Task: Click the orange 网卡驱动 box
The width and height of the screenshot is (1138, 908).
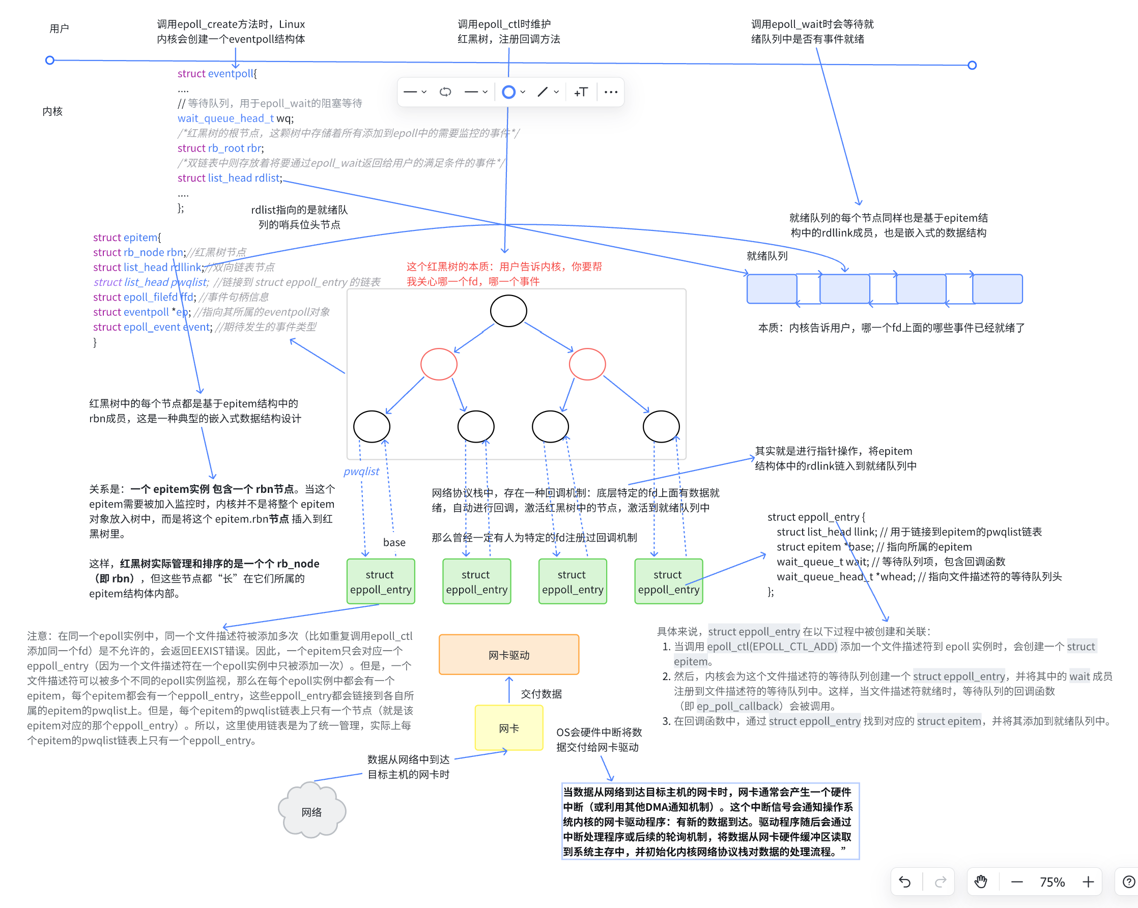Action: pos(508,654)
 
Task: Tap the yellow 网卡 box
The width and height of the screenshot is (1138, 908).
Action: pos(508,727)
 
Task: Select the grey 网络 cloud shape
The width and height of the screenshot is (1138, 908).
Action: pos(311,811)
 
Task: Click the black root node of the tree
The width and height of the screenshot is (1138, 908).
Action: pos(508,311)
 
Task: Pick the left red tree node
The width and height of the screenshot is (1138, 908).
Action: pos(439,364)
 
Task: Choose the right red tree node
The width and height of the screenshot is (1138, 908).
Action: pos(587,364)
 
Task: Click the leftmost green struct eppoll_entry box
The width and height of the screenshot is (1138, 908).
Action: pos(381,581)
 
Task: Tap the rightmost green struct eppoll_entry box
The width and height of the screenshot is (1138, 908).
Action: pos(668,581)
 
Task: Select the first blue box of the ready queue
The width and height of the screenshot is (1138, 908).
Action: pos(772,288)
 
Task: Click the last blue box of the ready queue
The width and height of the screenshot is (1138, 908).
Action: pos(997,288)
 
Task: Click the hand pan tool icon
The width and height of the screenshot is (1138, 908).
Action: pos(981,882)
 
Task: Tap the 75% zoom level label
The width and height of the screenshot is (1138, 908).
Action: pos(1052,882)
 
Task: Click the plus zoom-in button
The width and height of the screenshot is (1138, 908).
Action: pos(1088,882)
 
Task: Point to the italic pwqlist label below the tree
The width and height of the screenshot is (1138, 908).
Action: pos(361,471)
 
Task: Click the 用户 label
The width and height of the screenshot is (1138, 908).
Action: pos(59,28)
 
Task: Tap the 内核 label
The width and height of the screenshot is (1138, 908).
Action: pos(52,111)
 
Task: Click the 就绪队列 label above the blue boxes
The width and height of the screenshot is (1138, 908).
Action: pos(766,256)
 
